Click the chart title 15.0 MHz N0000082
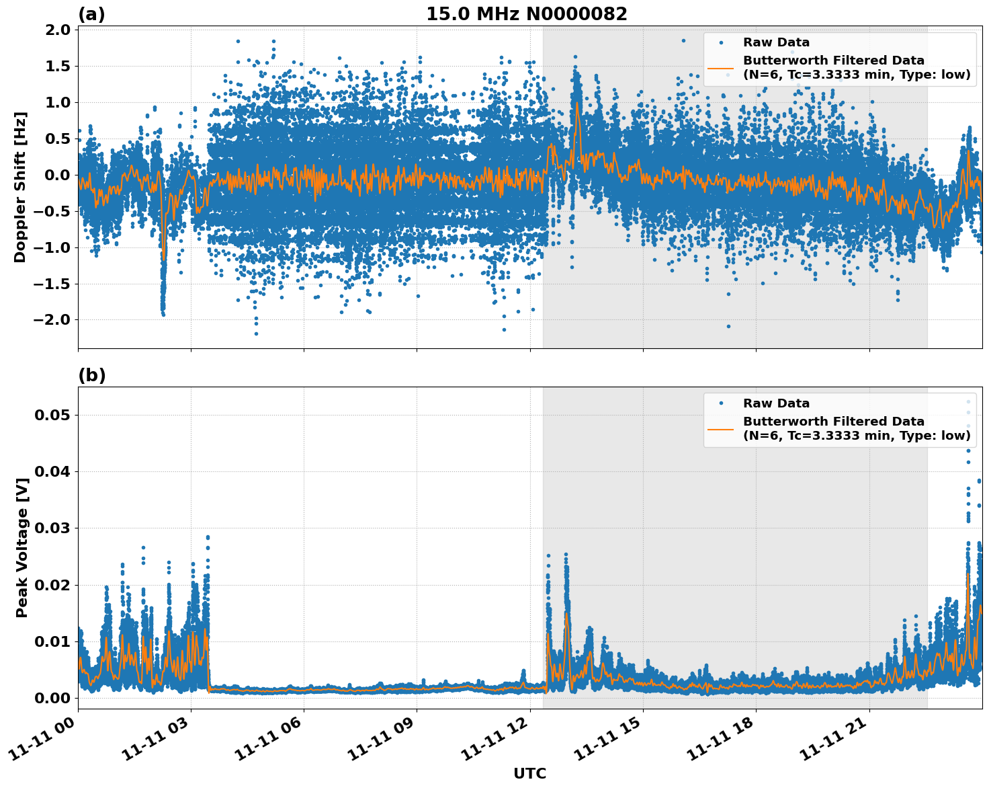click(x=526, y=14)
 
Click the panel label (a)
click(x=91, y=14)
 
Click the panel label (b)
click(x=91, y=375)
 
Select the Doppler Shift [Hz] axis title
click(x=20, y=187)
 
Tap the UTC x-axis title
click(x=529, y=773)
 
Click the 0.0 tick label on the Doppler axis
click(x=59, y=175)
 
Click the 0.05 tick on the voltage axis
click(x=52, y=415)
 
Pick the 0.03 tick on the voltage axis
click(x=52, y=528)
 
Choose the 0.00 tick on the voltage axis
click(x=52, y=698)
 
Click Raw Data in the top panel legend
click(x=776, y=42)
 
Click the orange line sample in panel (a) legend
click(x=720, y=67)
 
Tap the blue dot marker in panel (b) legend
click(x=720, y=403)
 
